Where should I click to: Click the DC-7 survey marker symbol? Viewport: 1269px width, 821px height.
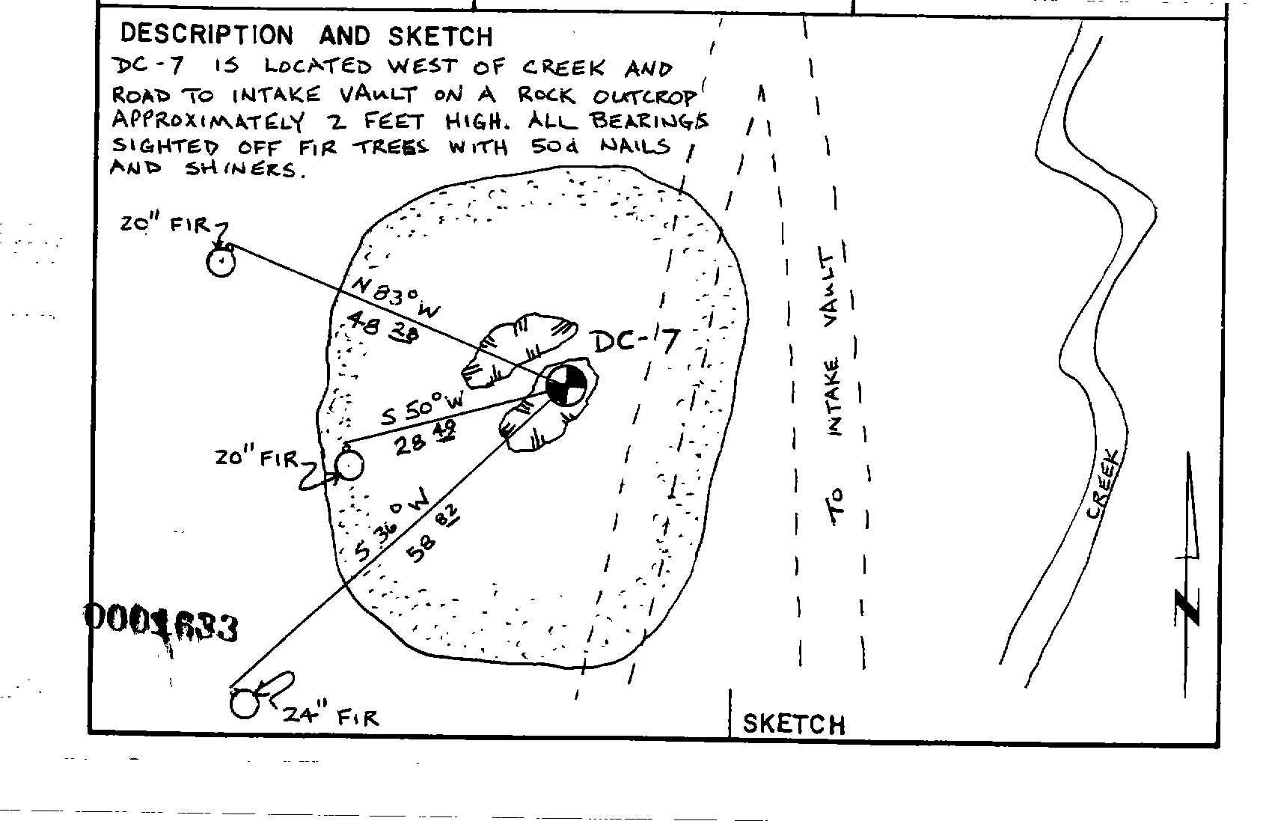[x=566, y=386]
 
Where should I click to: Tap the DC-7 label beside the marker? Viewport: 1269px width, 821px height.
[x=636, y=343]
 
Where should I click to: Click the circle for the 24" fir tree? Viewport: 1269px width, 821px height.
[x=244, y=704]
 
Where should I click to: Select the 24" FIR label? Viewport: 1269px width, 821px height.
[x=330, y=716]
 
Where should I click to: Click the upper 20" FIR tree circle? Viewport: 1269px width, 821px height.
[x=221, y=263]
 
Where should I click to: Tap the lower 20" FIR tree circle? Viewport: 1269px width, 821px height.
[x=349, y=466]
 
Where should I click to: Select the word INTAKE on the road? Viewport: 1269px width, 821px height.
[x=834, y=397]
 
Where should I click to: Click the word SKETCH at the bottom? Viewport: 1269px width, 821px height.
[x=793, y=724]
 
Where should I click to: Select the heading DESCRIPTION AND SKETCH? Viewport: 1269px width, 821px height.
[x=306, y=35]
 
